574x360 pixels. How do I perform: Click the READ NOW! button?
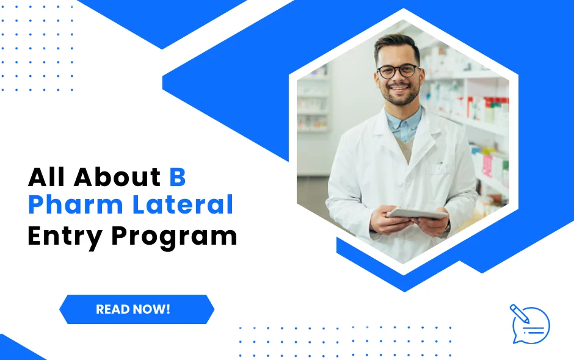(137, 309)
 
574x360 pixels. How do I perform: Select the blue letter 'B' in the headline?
(177, 177)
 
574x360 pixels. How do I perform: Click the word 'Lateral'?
(183, 205)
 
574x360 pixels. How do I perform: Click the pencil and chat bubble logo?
(529, 323)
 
